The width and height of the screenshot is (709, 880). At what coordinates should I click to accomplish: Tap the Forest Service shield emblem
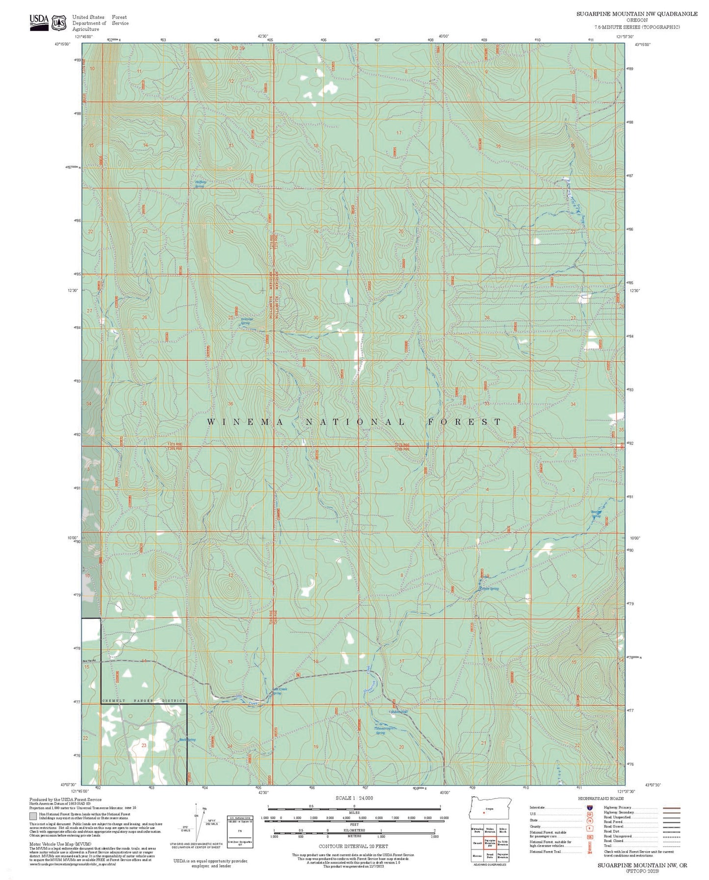click(x=60, y=22)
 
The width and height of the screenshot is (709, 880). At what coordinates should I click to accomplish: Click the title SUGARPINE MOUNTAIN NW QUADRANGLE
click(x=636, y=14)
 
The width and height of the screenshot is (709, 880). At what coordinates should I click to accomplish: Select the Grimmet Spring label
click(x=246, y=321)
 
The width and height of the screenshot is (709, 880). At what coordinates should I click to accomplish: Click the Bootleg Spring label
click(x=596, y=514)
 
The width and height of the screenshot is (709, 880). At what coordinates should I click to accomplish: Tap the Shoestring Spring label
click(x=381, y=731)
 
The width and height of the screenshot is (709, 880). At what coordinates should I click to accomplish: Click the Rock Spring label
click(x=187, y=740)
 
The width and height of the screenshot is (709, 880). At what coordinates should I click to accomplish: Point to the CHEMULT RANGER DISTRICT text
click(x=144, y=701)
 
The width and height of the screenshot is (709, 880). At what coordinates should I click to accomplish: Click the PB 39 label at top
click(x=238, y=48)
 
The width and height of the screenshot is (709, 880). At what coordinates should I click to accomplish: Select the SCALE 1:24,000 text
click(x=354, y=798)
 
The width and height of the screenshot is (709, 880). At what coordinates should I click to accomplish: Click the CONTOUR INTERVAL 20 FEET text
click(x=353, y=846)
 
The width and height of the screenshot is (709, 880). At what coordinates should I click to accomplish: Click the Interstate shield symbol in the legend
click(x=588, y=807)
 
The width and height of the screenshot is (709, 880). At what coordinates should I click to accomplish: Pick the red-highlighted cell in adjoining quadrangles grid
click(x=489, y=843)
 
